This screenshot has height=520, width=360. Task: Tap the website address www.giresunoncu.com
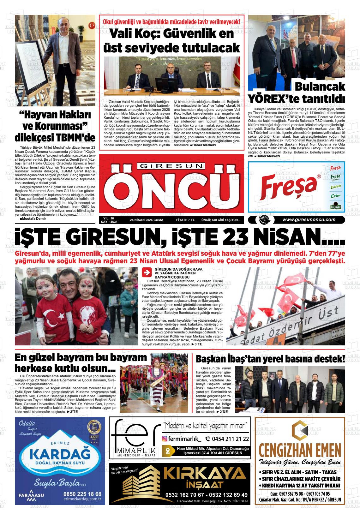click(x=309, y=220)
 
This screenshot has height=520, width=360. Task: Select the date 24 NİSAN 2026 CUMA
click(x=147, y=220)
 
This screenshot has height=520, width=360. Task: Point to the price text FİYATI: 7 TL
click(x=185, y=220)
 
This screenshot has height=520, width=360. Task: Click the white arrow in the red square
click(x=147, y=272)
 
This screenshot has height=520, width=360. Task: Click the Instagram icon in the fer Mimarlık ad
click(x=165, y=439)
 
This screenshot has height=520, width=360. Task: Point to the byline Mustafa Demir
click(x=33, y=218)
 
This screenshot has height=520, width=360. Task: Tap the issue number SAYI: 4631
click(x=109, y=222)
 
